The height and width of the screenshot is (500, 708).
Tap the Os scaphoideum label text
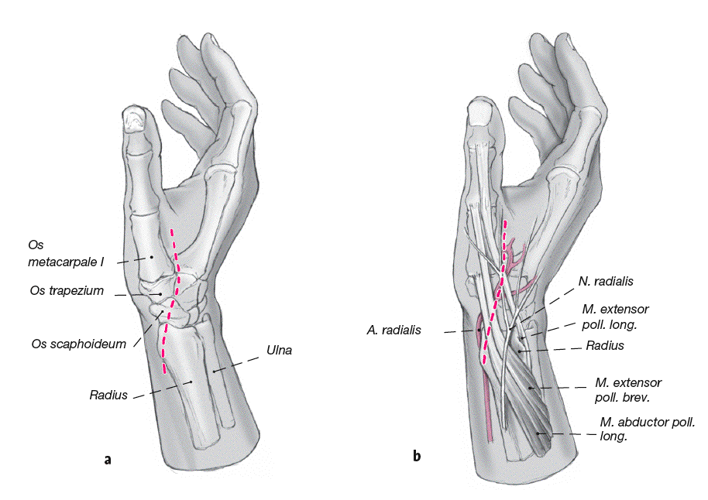pyautogui.click(x=79, y=344)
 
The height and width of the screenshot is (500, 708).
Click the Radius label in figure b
pyautogui.click(x=605, y=346)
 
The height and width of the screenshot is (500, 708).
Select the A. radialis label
pyautogui.click(x=394, y=330)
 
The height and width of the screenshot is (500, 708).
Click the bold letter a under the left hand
pyautogui.click(x=108, y=460)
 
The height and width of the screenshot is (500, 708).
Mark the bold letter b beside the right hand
pyautogui.click(x=417, y=456)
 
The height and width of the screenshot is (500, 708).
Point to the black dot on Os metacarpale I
pyautogui.click(x=153, y=255)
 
